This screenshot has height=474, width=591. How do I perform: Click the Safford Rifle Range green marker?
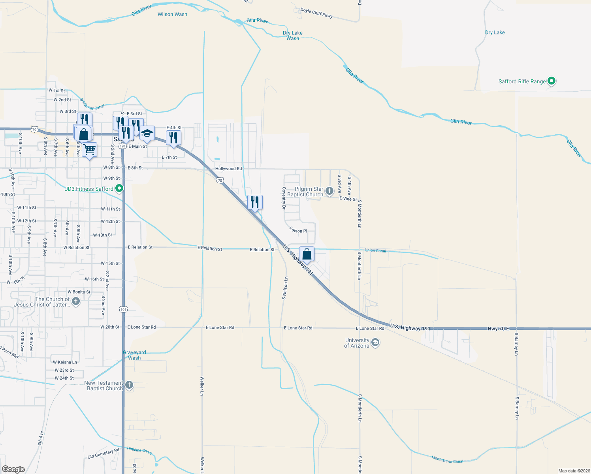click(x=552, y=81)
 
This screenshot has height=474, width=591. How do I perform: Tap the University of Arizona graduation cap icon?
click(x=375, y=342)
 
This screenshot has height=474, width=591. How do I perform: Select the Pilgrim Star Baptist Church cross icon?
click(x=329, y=192)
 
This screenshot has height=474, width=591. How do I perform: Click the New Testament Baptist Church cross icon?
click(x=129, y=386)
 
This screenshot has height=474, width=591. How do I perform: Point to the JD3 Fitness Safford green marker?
click(x=119, y=189)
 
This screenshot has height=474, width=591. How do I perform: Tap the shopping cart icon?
click(x=90, y=150)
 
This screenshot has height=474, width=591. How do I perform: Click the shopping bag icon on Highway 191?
click(x=307, y=254)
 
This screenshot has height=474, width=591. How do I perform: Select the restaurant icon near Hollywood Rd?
click(x=255, y=202)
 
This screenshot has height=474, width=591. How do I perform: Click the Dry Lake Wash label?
click(x=293, y=36)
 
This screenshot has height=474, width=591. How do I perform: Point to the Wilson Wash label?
click(x=172, y=14)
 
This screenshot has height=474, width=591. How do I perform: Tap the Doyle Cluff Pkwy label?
click(x=316, y=13)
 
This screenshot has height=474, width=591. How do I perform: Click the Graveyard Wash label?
click(x=134, y=355)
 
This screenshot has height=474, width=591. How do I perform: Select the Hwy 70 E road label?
click(x=498, y=329)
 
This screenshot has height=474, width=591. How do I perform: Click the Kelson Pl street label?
click(x=298, y=230)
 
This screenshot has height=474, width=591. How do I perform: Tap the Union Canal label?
click(x=375, y=250)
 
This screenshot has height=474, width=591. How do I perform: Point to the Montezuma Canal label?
click(x=447, y=459)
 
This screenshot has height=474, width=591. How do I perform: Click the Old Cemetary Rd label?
click(x=103, y=454)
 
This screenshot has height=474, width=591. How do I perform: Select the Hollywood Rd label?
click(x=228, y=169)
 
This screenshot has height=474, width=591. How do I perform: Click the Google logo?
click(x=13, y=469)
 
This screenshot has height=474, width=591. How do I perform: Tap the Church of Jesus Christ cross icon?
click(x=76, y=302)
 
